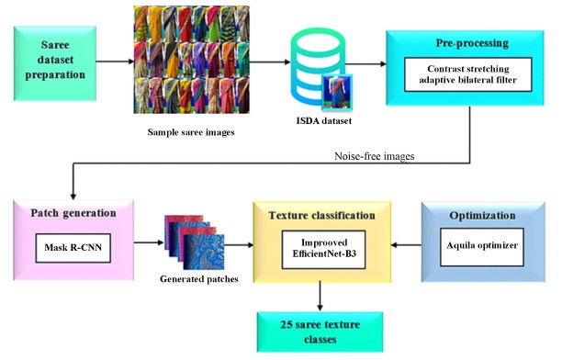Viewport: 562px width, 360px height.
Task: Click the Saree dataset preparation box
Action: (55, 63)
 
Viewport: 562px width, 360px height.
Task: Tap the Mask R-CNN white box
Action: (73, 248)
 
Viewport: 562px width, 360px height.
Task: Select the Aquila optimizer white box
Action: (482, 247)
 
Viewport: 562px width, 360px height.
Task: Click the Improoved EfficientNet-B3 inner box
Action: (323, 250)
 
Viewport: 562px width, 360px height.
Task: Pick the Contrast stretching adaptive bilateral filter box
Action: (467, 74)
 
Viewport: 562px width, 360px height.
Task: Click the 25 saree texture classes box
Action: (320, 332)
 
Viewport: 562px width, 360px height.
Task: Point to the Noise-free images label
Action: (374, 156)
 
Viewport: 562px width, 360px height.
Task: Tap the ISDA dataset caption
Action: (323, 121)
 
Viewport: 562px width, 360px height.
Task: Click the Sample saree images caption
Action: (191, 132)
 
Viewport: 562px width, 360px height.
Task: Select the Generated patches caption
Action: (199, 279)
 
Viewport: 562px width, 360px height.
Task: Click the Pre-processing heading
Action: (472, 43)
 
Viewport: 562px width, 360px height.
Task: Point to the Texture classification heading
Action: (321, 216)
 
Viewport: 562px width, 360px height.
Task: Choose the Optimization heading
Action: (482, 216)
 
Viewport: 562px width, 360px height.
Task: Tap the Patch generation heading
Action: (73, 213)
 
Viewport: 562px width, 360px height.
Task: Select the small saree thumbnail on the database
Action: (337, 92)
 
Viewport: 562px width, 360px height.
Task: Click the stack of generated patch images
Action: (195, 242)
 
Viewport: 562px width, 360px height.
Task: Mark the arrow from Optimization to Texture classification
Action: (406, 245)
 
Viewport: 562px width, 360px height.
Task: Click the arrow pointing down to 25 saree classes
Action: (320, 297)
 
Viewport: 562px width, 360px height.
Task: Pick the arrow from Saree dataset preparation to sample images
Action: (115, 62)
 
